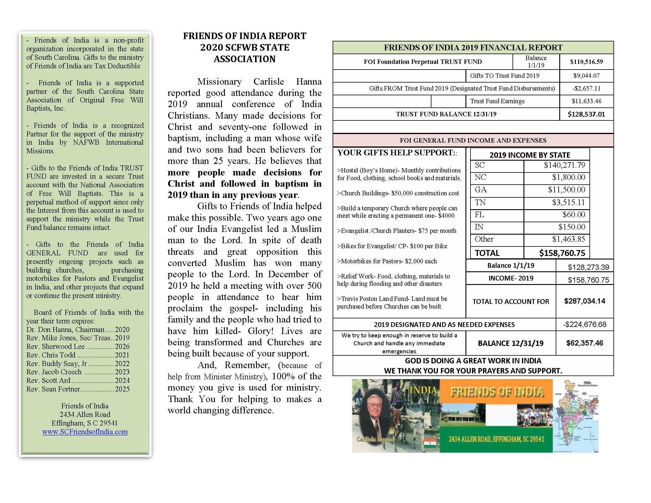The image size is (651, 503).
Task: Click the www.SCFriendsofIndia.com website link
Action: coord(85,431)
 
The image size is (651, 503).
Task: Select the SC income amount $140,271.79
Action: coord(564,165)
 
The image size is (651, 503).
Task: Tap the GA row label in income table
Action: coord(481,190)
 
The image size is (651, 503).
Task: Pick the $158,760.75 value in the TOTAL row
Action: coord(562,253)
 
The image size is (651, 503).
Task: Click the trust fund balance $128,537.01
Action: coord(586,114)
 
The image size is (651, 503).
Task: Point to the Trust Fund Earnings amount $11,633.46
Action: coord(586,101)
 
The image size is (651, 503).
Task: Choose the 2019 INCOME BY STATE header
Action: coord(529,155)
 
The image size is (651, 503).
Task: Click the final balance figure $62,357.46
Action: coord(584,343)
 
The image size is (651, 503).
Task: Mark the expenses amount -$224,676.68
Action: coord(584,324)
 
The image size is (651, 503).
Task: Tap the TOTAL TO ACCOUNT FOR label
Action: coord(511,301)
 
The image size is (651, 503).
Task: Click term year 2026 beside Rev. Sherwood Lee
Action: coord(122,346)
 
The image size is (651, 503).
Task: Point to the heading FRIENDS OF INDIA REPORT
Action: coord(244,36)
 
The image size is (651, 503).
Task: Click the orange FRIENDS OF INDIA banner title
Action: coord(497,391)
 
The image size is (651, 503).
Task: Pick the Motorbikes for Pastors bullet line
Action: coord(387,261)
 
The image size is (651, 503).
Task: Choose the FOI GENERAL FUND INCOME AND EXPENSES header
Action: coord(473,140)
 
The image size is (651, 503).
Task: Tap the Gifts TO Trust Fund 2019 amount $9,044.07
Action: coord(586,76)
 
